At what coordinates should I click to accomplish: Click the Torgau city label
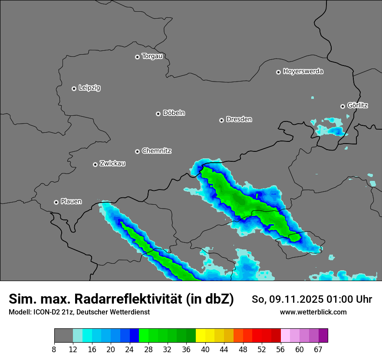(x=152, y=56)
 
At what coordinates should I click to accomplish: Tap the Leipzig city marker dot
(x=74, y=88)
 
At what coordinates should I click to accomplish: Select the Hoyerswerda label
(x=303, y=72)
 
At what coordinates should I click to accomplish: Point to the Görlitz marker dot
(x=342, y=106)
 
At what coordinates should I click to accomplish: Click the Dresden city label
(x=239, y=119)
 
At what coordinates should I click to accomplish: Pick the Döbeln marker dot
(x=158, y=114)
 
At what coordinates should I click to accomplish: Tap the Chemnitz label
(x=156, y=151)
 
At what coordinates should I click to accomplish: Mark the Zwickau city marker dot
(x=95, y=164)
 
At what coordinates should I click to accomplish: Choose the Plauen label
(x=71, y=202)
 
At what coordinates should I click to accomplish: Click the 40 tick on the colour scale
(x=205, y=349)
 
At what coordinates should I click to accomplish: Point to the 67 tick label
(x=318, y=349)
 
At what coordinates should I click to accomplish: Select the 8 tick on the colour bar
(x=54, y=349)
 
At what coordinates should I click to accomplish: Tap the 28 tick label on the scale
(x=148, y=349)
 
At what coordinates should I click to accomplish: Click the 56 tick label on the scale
(x=280, y=349)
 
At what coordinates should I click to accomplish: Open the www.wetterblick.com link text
(x=313, y=312)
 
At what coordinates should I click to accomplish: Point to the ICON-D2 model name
(x=46, y=312)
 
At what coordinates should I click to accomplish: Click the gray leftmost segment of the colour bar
(x=63, y=336)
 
